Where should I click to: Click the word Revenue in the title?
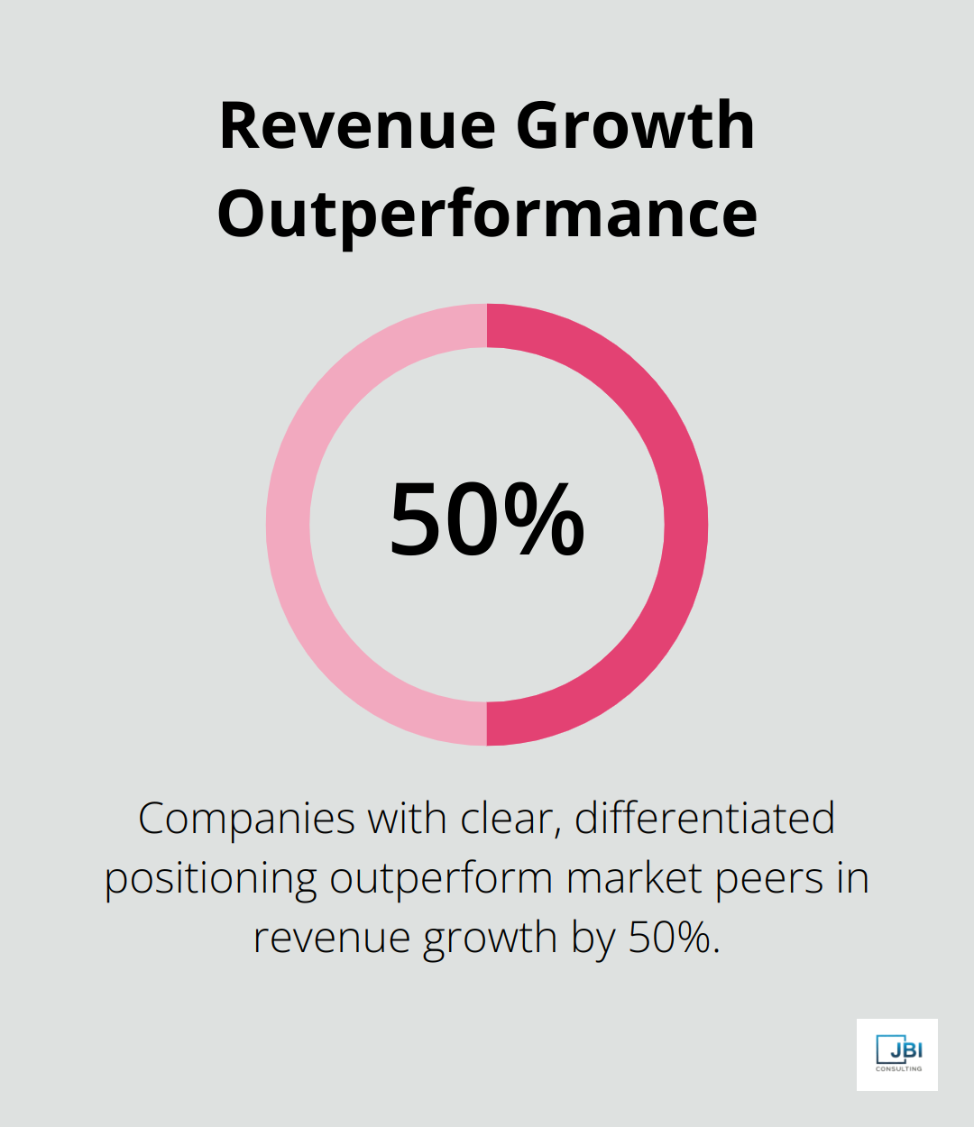357,126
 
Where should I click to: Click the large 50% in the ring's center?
487,521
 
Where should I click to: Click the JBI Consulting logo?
897,1054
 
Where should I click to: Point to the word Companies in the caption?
246,820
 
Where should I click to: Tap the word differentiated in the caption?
704,820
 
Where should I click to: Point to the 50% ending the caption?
674,938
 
